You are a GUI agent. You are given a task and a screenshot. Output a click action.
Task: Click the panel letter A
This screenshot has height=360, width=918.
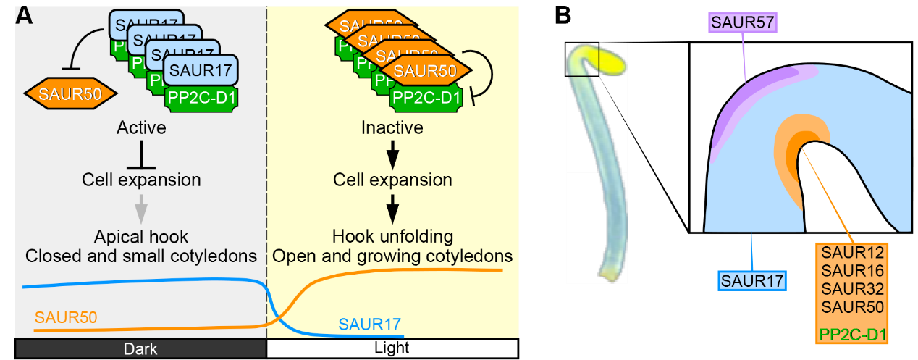24,14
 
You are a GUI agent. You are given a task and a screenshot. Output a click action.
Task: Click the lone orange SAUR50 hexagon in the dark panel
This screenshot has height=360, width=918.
70,93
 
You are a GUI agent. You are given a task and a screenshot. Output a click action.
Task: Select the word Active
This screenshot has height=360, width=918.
141,129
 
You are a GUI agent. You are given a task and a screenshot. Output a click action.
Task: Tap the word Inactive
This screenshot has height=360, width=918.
392,129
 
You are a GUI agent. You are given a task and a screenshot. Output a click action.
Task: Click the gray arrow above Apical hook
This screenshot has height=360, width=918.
141,210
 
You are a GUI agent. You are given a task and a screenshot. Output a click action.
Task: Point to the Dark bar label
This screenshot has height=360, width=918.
140,349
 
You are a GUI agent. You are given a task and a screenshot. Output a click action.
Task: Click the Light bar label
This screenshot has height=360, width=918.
392,348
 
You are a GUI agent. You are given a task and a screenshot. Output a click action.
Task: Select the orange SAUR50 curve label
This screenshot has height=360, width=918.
65,317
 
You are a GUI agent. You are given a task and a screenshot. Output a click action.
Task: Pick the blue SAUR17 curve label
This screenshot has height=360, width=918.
369,324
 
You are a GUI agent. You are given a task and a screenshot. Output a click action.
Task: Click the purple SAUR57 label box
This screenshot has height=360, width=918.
743,23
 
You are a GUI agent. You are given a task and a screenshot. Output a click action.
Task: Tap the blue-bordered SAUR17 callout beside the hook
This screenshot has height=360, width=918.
752,280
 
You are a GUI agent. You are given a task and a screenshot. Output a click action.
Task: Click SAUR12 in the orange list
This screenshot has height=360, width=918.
853,253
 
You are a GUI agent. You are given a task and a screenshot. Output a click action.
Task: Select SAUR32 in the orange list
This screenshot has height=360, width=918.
853,289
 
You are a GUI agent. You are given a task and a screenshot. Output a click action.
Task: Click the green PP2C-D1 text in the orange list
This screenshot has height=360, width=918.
853,335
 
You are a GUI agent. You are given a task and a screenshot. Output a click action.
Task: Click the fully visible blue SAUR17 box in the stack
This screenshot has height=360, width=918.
201,71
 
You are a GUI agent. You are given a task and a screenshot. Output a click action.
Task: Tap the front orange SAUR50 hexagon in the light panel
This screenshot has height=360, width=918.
425,71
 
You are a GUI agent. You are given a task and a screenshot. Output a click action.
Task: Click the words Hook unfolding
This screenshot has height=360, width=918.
392,236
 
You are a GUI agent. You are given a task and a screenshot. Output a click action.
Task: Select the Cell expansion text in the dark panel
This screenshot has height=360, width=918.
141,180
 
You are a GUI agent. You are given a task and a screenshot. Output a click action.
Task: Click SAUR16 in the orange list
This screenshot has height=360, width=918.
853,271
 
